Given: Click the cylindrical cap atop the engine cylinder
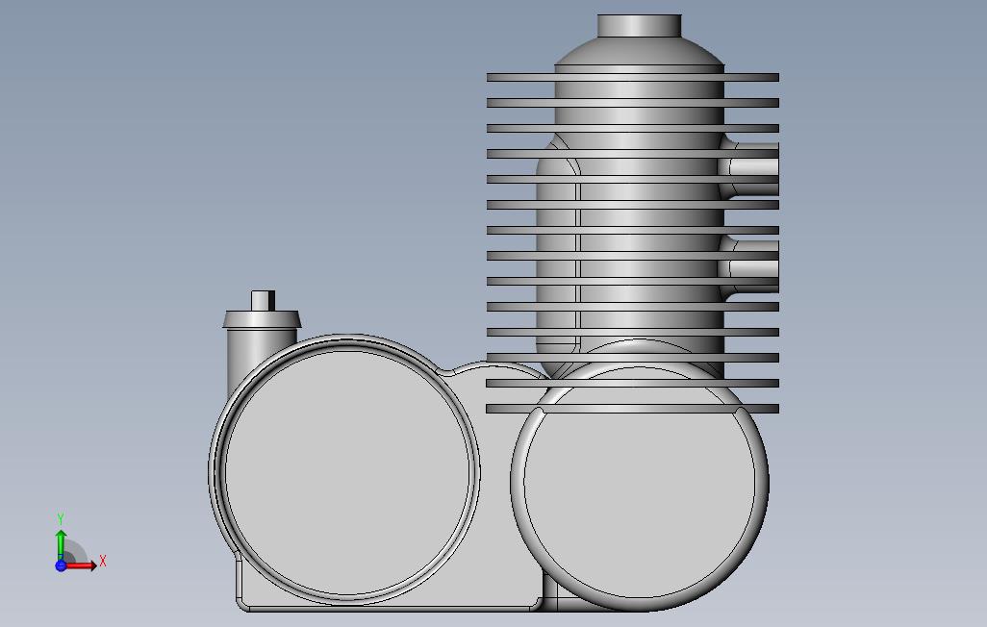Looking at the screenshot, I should [x=639, y=26].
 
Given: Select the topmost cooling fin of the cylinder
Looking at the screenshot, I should [x=632, y=77].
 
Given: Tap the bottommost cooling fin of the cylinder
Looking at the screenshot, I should [x=632, y=409].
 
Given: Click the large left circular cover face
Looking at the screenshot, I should [x=345, y=471].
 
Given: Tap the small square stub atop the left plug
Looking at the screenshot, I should [x=263, y=301].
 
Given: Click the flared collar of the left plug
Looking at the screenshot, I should [x=262, y=319].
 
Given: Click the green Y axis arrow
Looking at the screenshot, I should [x=61, y=543].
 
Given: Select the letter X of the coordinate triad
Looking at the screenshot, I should [x=103, y=561].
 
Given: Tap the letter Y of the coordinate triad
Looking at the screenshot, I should [x=61, y=519].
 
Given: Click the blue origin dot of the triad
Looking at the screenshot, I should [x=61, y=565].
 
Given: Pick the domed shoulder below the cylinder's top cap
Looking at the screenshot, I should [x=639, y=52].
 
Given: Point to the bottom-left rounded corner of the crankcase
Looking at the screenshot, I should [x=243, y=602].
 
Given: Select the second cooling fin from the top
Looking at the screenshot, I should [x=632, y=103].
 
